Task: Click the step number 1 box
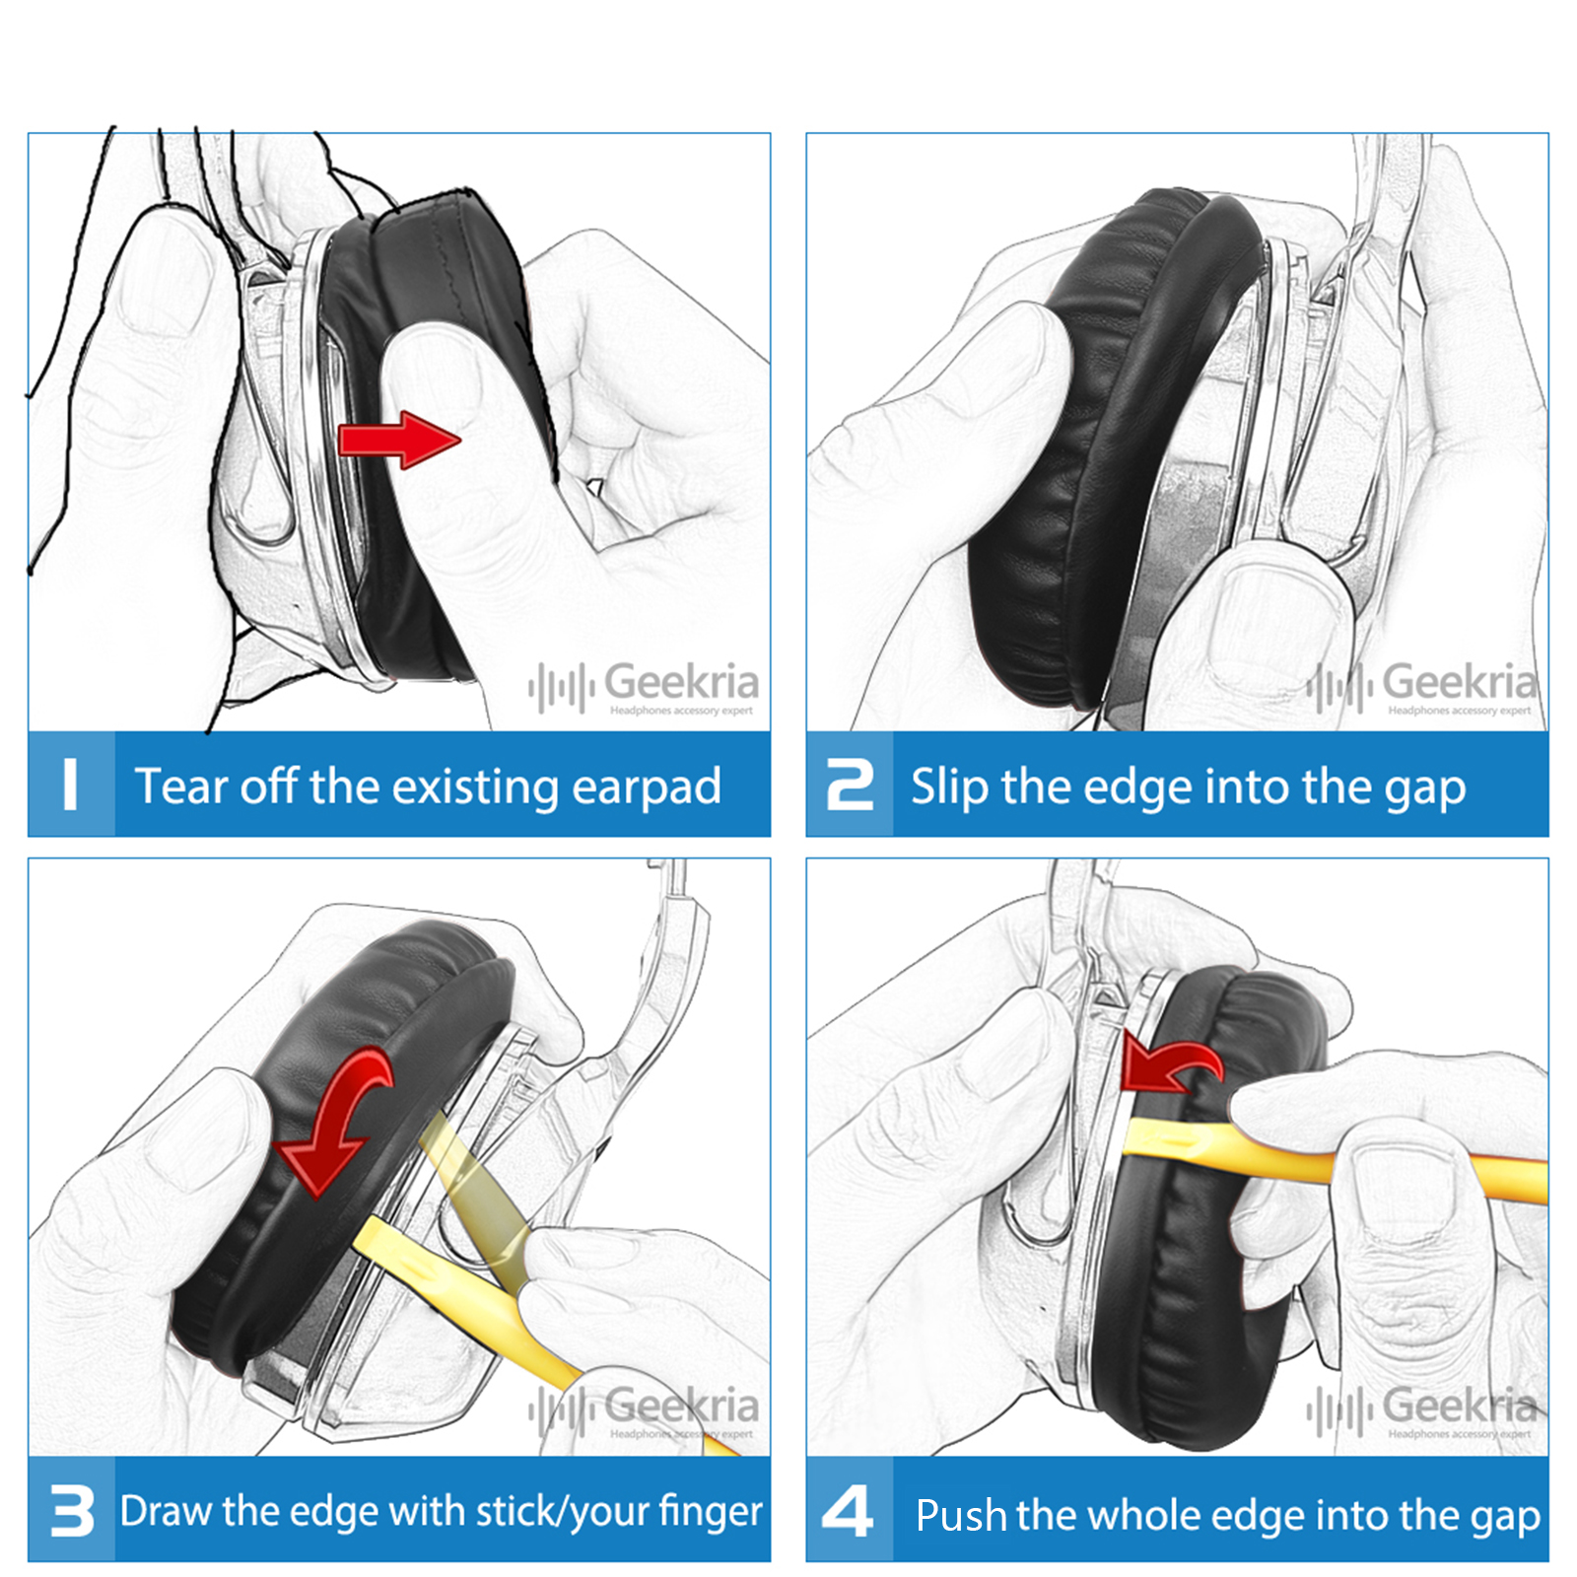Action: click(71, 785)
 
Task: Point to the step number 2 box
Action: click(850, 785)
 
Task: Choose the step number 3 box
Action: click(71, 1510)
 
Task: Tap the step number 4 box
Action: click(850, 1510)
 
